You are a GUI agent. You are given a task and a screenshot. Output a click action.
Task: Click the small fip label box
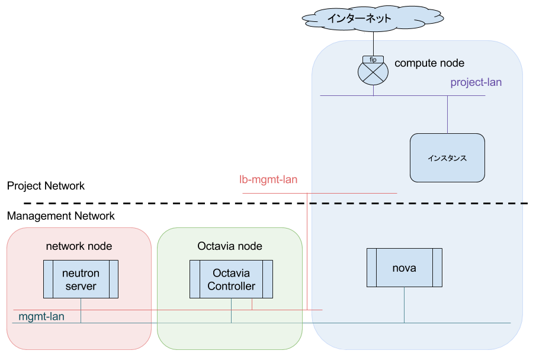[x=373, y=59]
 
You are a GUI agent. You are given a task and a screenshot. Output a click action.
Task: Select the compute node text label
[x=429, y=63]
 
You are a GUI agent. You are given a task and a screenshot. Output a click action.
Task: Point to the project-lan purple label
[x=476, y=82]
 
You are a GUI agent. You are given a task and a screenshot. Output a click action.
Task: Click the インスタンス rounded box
[x=447, y=158]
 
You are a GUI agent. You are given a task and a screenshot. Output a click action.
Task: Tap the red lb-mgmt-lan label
[x=268, y=179]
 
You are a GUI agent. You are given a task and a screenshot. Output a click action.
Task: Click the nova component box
[x=404, y=268]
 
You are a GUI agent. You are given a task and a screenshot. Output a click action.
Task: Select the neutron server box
[x=81, y=279]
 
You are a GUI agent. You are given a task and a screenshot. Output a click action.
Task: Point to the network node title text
[x=79, y=246]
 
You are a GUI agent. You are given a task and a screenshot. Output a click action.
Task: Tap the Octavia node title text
[x=229, y=246]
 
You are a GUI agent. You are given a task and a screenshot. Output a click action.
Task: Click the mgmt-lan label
[x=41, y=317]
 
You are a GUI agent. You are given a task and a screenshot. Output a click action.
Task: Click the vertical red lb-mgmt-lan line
[x=308, y=255]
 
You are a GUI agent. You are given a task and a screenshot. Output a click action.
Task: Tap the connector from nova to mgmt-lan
[x=405, y=305]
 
